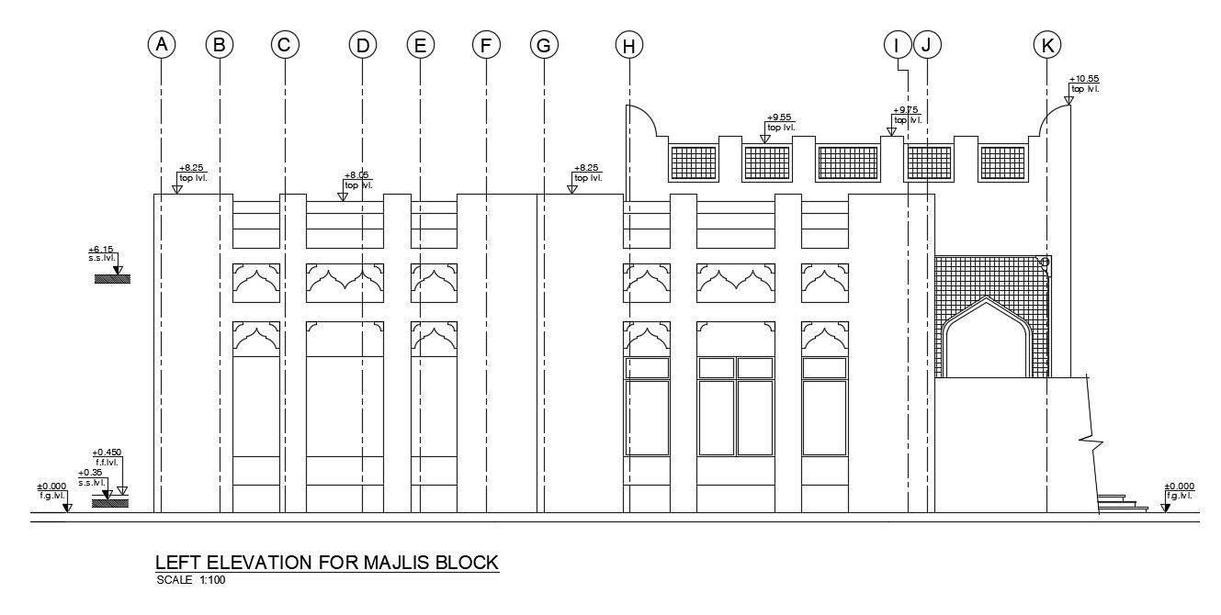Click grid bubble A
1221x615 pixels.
pyautogui.click(x=161, y=44)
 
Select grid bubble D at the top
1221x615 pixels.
pyautogui.click(x=362, y=44)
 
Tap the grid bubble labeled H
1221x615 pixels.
pyautogui.click(x=629, y=44)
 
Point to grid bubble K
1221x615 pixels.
pyautogui.click(x=1046, y=44)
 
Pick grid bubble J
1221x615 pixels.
pyautogui.click(x=927, y=44)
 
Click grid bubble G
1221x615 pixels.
pyautogui.click(x=544, y=44)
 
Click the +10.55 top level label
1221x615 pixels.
pyautogui.click(x=1084, y=84)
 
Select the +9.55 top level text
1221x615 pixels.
pyautogui.click(x=780, y=122)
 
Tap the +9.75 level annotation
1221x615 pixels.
pyautogui.click(x=907, y=115)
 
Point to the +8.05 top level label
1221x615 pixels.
pyautogui.click(x=357, y=179)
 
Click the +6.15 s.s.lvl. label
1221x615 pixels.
pyautogui.click(x=102, y=254)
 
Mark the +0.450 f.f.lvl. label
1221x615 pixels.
pyautogui.click(x=107, y=457)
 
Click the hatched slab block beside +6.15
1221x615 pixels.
pyautogui.click(x=112, y=278)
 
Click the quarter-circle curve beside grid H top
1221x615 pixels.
pyautogui.click(x=642, y=119)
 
